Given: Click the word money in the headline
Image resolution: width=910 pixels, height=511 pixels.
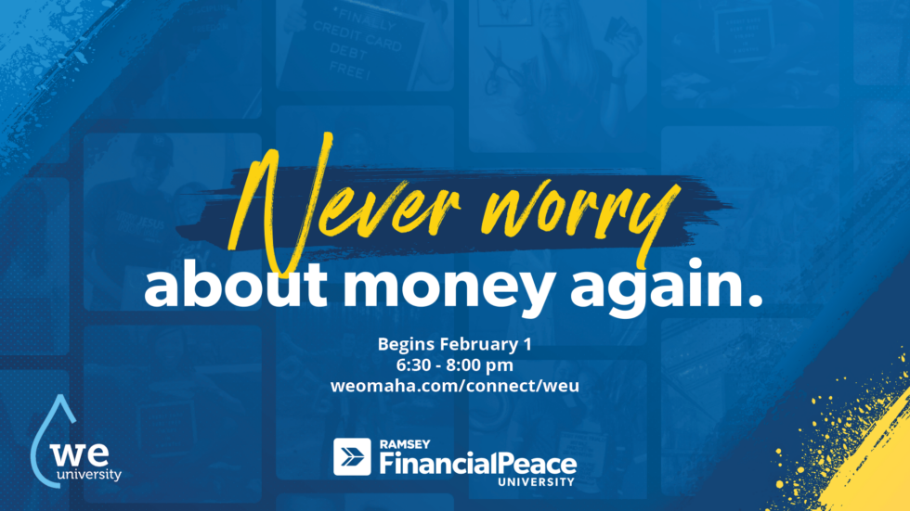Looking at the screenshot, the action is point(447,289).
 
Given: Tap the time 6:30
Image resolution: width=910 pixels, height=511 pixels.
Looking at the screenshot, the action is point(415,365).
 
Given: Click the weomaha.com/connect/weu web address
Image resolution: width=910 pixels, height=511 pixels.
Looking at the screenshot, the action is point(455,386).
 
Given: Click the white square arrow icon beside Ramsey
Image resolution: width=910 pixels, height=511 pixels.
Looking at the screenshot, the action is point(352,456).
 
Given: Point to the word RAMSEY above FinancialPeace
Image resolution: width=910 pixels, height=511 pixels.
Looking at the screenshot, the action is point(405,444).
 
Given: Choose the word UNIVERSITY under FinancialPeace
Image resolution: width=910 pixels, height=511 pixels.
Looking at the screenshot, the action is point(537,482).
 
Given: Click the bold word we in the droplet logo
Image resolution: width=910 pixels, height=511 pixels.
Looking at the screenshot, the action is point(79,454).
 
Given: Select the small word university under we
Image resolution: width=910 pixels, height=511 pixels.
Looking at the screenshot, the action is point(89,475).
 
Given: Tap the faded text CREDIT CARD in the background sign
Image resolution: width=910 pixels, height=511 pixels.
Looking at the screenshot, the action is point(357,42).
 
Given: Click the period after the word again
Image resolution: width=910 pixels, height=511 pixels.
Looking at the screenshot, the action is point(754,300).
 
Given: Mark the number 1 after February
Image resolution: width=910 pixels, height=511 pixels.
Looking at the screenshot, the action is point(527,344).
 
